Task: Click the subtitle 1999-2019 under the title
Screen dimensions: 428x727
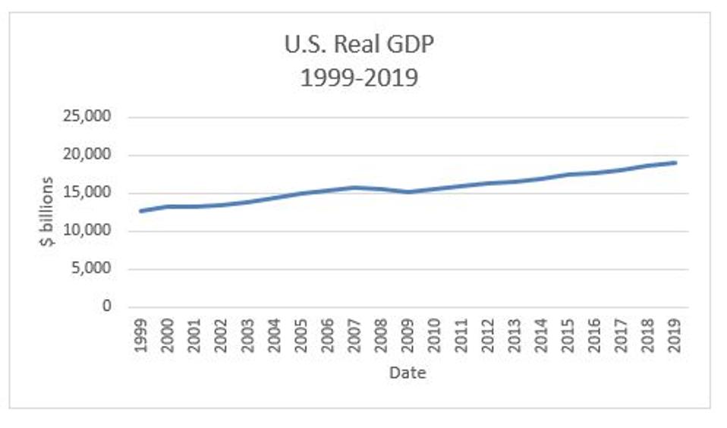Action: pos(359,77)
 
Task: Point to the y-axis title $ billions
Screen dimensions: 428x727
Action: pos(47,212)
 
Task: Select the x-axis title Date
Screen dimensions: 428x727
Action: pos(408,373)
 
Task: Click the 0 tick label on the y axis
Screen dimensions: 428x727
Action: pos(108,307)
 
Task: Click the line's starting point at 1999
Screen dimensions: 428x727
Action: pos(140,211)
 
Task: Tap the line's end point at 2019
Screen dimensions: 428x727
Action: pos(675,162)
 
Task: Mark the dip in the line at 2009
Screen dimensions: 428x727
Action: pos(408,192)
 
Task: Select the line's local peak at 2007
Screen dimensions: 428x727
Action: pos(354,187)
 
